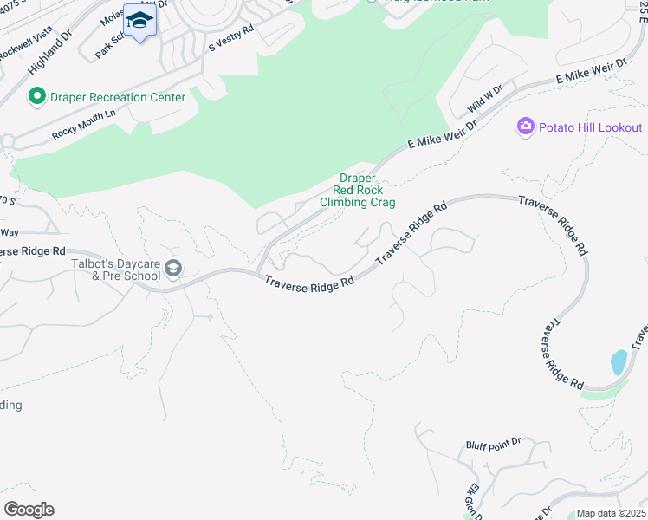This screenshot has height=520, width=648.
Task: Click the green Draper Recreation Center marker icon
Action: pyautogui.click(x=36, y=96)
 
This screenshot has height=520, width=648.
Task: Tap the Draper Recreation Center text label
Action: pyautogui.click(x=117, y=97)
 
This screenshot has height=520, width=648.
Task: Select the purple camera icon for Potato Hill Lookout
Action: pyautogui.click(x=525, y=127)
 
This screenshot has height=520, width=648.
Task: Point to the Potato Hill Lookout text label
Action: pyautogui.click(x=590, y=127)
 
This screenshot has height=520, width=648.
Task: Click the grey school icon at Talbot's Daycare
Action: pyautogui.click(x=173, y=270)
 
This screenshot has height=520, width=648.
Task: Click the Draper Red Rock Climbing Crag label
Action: pyautogui.click(x=357, y=190)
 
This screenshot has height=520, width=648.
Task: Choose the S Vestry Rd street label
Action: pyautogui.click(x=230, y=39)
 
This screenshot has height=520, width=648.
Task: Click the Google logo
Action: pyautogui.click(x=29, y=509)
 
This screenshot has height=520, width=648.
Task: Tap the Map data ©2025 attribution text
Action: pyautogui.click(x=611, y=513)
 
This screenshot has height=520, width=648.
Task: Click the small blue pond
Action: pyautogui.click(x=618, y=362)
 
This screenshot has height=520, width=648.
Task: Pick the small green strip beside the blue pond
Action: pyautogui.click(x=599, y=393)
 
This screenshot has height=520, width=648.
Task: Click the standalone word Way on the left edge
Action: pyautogui.click(x=10, y=232)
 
